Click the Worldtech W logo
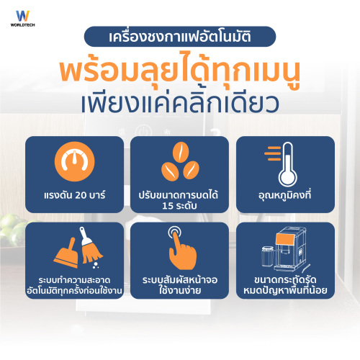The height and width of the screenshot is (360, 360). (22, 16)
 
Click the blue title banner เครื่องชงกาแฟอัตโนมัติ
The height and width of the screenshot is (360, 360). (180, 37)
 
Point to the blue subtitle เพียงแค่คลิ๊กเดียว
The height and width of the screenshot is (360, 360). (180, 104)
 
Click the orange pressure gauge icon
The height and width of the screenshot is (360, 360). (74, 161)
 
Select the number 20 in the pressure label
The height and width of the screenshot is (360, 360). (82, 195)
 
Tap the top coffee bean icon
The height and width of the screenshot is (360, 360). (181, 152)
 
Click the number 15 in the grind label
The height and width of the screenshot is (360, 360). (167, 206)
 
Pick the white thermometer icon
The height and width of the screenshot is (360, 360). (287, 165)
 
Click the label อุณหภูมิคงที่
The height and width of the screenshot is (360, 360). (285, 195)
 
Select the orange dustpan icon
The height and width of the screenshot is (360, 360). (66, 253)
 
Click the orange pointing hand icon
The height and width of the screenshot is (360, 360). (182, 250)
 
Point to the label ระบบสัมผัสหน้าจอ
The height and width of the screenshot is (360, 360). (180, 280)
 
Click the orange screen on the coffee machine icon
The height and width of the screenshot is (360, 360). (285, 239)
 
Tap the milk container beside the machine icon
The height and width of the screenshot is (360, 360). (268, 256)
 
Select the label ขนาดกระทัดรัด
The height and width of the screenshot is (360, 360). (285, 280)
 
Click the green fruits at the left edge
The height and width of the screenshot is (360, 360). (12, 229)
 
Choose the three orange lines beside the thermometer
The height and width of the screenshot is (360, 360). (273, 153)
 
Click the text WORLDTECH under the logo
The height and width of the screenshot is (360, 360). (22, 24)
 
